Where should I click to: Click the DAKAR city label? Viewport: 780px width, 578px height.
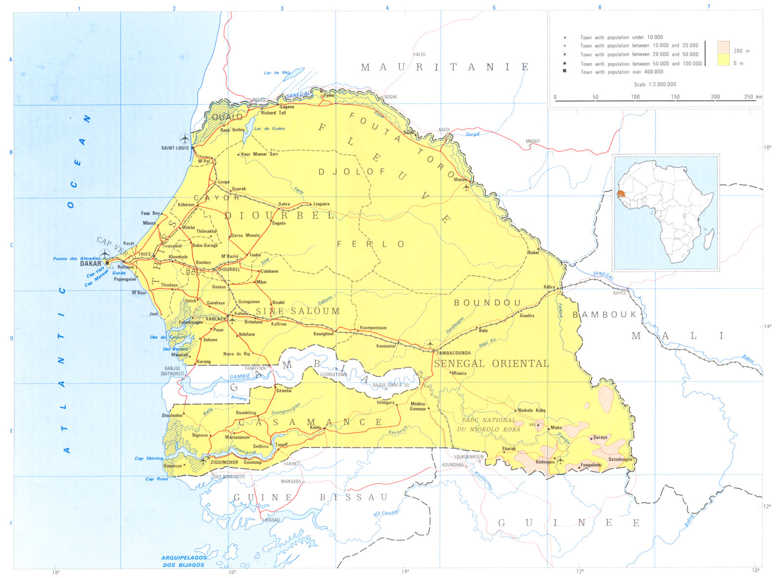coord(91,263)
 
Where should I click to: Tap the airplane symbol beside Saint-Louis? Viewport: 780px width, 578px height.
coord(185,139)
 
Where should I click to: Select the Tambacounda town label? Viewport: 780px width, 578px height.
coord(453,353)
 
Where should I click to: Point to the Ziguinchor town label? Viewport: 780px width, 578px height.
coord(224,462)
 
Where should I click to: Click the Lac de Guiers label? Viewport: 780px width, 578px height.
coord(270,129)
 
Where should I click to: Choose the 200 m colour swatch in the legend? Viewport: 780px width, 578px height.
coord(723,47)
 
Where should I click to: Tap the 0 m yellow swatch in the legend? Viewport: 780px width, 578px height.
coord(723,60)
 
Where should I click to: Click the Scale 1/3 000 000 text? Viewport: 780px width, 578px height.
coord(655,84)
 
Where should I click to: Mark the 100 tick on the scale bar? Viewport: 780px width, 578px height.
coord(635,97)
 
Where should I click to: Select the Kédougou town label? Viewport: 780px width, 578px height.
coord(545,462)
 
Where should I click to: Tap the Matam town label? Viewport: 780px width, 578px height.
coord(460,179)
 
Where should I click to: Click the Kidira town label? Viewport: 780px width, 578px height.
coord(549,287)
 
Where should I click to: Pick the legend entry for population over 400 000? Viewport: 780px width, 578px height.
coord(622,72)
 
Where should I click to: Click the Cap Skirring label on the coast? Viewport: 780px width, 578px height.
coord(149,458)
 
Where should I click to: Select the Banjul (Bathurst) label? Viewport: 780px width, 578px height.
coord(174,371)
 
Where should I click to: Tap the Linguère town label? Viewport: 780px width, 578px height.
coord(321,204)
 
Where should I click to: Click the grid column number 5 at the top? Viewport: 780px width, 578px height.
coord(494,8)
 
